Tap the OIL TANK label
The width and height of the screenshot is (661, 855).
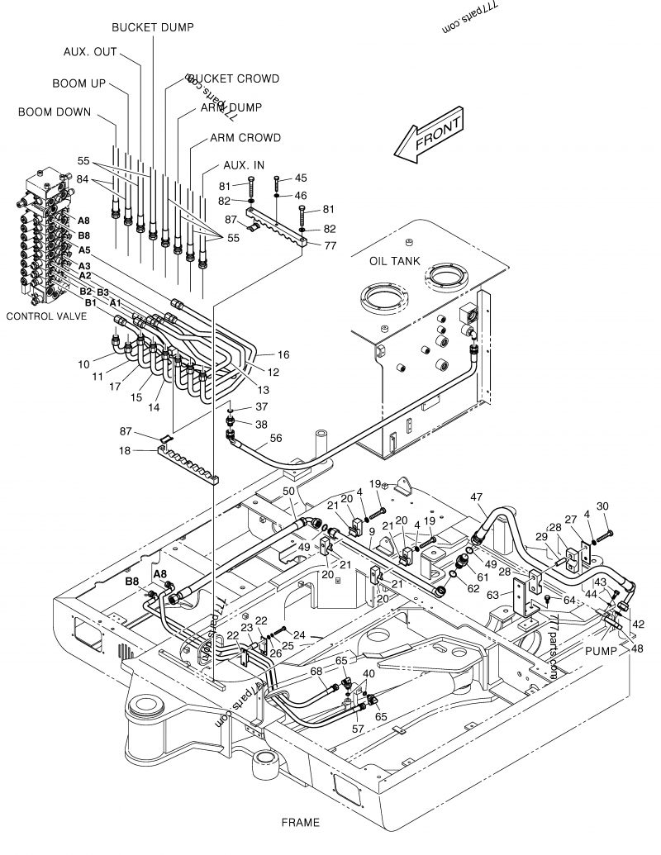point(395,261)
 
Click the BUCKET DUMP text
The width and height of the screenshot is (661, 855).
point(153,27)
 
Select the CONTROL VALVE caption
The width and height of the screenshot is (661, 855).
point(46,316)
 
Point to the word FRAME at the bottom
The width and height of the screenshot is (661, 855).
point(300,823)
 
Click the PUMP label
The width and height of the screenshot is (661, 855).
point(602,651)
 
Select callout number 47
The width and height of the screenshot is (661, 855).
point(477,496)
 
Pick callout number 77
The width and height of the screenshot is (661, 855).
point(330,245)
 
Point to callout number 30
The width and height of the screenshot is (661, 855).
point(602,506)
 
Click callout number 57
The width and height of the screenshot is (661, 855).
point(358,729)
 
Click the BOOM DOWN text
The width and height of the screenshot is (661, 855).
point(55,112)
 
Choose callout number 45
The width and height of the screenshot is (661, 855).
point(301,178)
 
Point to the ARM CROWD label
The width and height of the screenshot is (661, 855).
point(245,137)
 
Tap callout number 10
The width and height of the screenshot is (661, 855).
point(84,363)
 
